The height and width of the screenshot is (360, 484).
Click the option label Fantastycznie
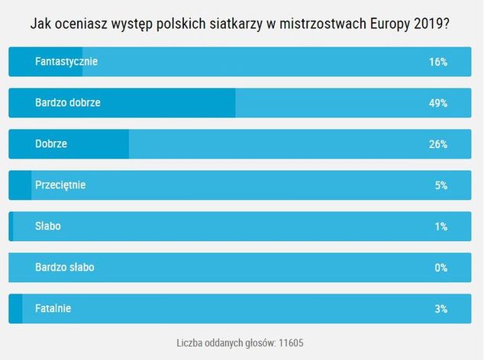tap(66, 62)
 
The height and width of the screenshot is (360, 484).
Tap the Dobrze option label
tap(51, 144)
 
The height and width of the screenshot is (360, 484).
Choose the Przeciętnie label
tap(60, 185)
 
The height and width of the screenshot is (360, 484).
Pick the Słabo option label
tap(48, 227)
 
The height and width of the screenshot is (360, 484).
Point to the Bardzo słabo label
tap(64, 268)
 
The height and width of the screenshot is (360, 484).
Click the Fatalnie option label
tap(53, 309)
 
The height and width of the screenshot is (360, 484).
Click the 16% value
tap(437, 62)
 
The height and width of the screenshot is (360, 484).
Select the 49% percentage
tap(437, 103)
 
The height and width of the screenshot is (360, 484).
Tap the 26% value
tap(437, 144)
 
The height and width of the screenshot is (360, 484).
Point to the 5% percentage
tap(440, 185)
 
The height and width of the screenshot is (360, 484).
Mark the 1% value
tap(440, 227)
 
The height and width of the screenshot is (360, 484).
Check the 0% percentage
tap(440, 268)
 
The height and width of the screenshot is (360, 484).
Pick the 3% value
tap(440, 309)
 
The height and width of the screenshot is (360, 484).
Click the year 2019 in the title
tap(429, 23)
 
